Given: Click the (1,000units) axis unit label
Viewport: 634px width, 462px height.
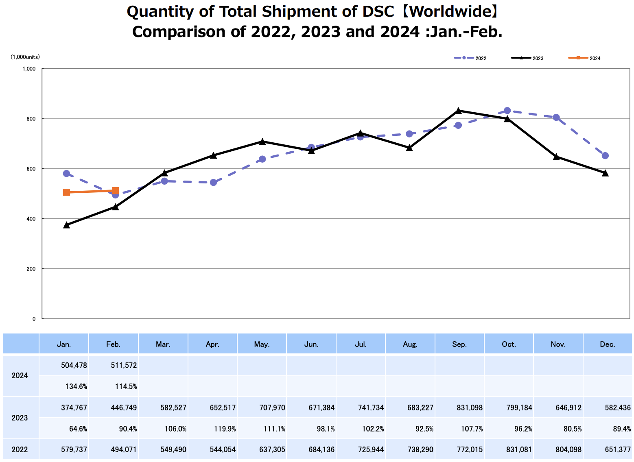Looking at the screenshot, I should [x=25, y=57].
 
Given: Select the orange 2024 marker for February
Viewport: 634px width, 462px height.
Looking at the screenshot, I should [x=115, y=191].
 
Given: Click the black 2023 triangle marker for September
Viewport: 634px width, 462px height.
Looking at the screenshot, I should [x=458, y=111].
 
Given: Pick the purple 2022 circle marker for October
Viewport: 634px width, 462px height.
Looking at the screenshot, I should [x=507, y=111].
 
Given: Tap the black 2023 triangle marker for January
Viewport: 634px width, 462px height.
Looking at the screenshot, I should [x=66, y=225].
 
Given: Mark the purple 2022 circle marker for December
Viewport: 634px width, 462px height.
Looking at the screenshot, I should [x=605, y=155].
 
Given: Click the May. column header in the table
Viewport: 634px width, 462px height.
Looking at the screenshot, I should [x=262, y=344].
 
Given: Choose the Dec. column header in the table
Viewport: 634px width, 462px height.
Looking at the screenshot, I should [x=607, y=344].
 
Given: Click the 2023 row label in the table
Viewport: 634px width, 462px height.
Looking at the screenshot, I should [x=20, y=418].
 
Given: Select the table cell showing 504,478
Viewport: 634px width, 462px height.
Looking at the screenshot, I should [x=74, y=365].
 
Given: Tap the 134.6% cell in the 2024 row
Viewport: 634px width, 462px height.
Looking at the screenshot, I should [x=76, y=386].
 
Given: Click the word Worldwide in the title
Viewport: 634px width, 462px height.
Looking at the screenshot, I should [x=449, y=12].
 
